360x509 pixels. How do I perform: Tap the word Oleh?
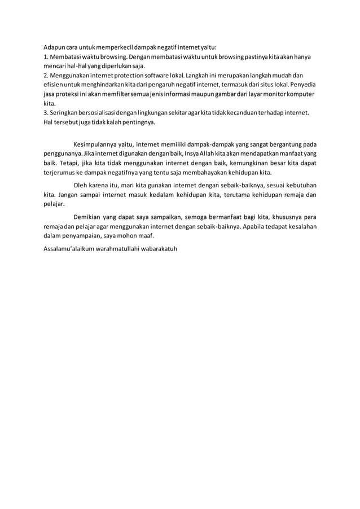(x=82, y=185)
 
